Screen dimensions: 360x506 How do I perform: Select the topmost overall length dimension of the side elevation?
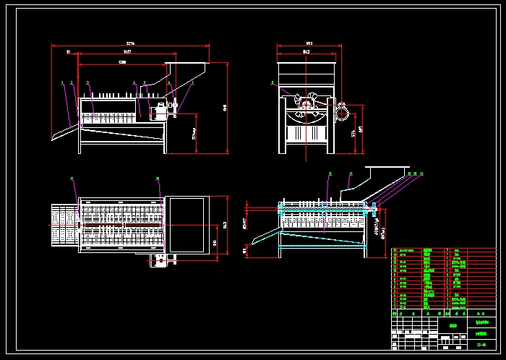(x=130, y=44)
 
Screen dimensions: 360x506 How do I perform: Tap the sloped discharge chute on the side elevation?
(x=66, y=132)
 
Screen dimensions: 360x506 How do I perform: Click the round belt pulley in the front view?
(x=342, y=113)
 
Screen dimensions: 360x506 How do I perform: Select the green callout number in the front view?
(x=273, y=82)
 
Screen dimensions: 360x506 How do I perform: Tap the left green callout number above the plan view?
(x=72, y=177)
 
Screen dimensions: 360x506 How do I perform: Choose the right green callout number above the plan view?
(x=158, y=177)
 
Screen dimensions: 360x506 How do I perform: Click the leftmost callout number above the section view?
(x=330, y=173)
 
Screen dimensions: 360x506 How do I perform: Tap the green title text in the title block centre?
(x=454, y=325)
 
